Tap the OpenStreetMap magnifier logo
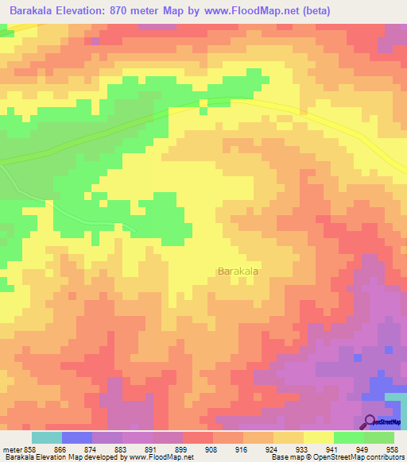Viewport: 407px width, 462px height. [370, 422]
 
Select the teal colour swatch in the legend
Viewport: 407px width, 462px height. [47, 437]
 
